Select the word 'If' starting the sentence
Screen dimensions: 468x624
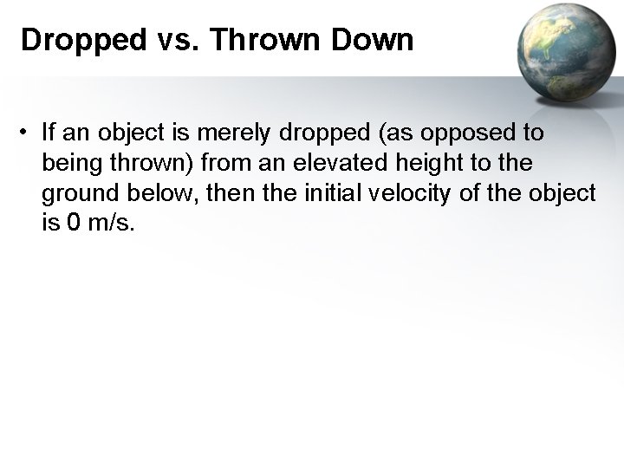(x=49, y=133)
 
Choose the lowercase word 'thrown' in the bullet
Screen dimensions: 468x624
(x=149, y=164)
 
